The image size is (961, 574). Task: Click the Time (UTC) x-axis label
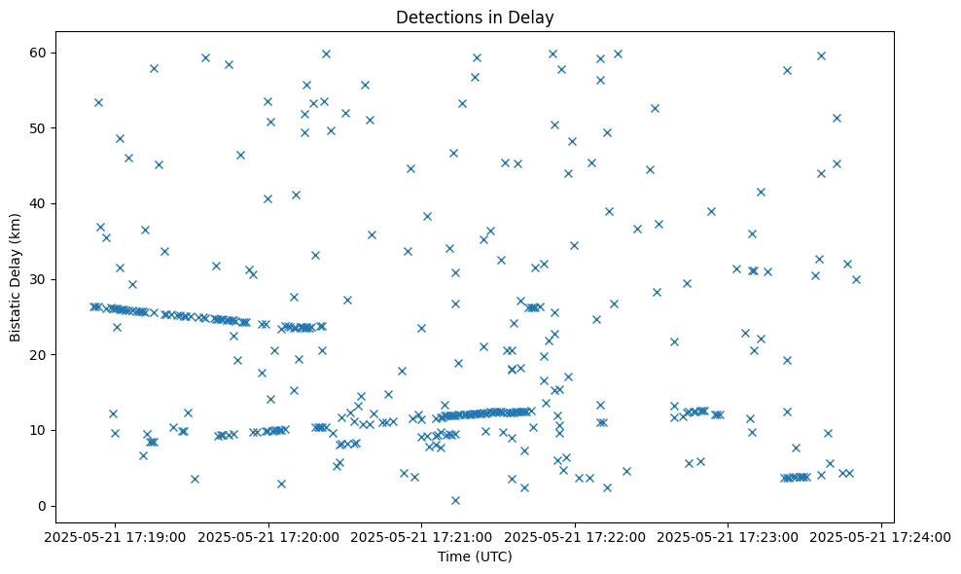click(475, 556)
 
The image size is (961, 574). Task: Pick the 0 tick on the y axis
click(43, 506)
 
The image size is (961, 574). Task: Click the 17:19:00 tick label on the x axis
click(116, 536)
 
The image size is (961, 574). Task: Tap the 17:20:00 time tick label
click(269, 536)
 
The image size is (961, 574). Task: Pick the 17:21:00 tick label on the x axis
click(422, 536)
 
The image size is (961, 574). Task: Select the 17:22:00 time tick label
click(576, 536)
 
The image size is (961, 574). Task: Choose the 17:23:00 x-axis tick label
click(729, 536)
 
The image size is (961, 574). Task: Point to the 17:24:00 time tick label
click(882, 536)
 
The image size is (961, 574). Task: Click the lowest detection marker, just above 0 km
click(455, 500)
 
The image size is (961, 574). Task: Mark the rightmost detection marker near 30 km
click(856, 279)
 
